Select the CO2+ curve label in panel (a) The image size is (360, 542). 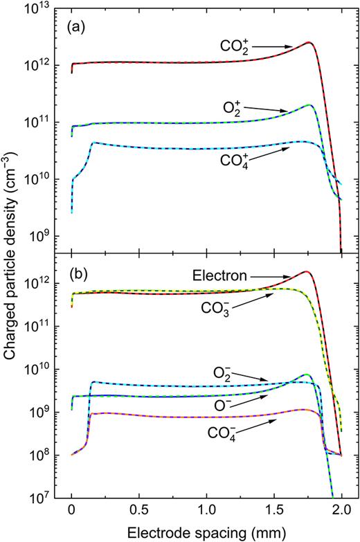[x=239, y=46]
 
